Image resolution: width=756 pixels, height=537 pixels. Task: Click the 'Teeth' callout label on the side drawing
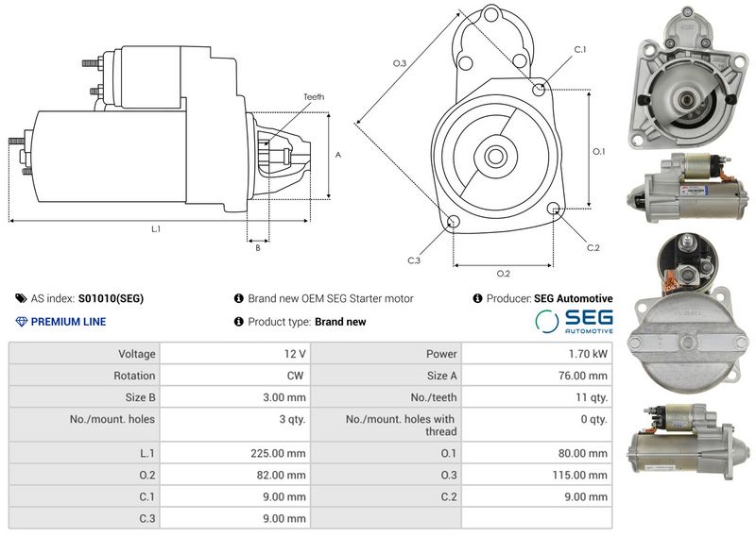click(x=314, y=97)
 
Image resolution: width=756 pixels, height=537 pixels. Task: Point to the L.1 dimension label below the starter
click(x=156, y=229)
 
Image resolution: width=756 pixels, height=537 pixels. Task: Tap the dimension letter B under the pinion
click(x=258, y=247)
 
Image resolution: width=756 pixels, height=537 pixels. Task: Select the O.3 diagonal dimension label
click(x=400, y=63)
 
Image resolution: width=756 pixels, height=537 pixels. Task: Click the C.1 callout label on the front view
click(x=580, y=50)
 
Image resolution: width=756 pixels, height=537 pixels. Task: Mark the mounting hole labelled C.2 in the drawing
click(x=554, y=208)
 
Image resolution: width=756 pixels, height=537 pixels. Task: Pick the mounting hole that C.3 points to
click(x=453, y=222)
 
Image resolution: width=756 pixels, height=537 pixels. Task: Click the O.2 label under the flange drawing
click(x=504, y=274)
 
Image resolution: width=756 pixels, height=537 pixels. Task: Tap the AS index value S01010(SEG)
click(x=111, y=298)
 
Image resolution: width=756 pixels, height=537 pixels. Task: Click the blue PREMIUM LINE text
click(x=68, y=322)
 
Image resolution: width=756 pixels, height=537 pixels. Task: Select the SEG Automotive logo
click(x=575, y=322)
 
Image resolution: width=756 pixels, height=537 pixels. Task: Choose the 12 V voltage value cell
click(x=295, y=354)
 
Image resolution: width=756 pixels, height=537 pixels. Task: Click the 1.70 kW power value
click(x=588, y=354)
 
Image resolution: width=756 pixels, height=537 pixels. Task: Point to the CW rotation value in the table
click(x=295, y=376)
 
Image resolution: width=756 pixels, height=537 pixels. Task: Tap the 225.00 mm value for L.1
click(x=278, y=453)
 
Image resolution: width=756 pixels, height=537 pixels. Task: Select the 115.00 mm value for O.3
click(x=579, y=476)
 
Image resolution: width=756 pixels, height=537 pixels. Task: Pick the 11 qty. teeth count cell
click(x=592, y=398)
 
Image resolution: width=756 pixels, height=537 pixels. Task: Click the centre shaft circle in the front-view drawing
click(x=494, y=156)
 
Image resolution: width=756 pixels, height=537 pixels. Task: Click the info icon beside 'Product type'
click(x=239, y=321)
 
